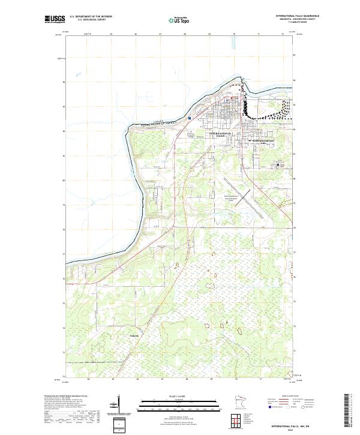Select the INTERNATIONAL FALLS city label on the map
point(220,135)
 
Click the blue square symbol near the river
point(189,118)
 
